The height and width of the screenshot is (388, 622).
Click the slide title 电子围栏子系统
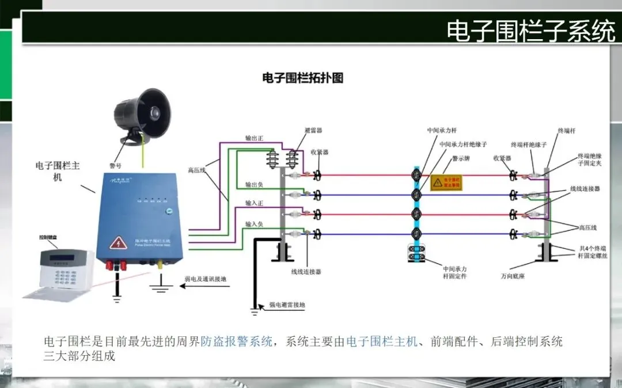[x=530, y=31]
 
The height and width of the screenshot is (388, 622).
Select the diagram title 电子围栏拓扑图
[x=302, y=78]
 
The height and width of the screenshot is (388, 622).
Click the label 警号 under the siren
[x=115, y=165]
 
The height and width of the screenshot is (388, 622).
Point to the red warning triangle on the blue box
[x=119, y=242]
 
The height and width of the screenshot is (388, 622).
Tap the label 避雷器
[x=313, y=131]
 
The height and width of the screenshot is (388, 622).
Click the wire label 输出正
[x=254, y=138]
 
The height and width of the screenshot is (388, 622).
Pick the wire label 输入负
[x=254, y=223]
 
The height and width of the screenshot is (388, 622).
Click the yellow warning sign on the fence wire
[x=447, y=182]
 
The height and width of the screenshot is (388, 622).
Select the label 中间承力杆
[x=441, y=131]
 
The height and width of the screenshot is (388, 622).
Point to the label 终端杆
[x=567, y=131]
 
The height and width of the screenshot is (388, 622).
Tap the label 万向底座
[x=512, y=276]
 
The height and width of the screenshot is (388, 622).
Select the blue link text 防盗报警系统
[x=236, y=341]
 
